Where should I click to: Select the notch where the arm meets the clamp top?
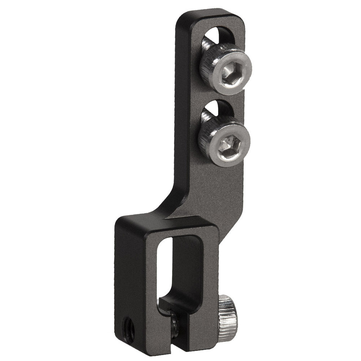click(168, 219)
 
